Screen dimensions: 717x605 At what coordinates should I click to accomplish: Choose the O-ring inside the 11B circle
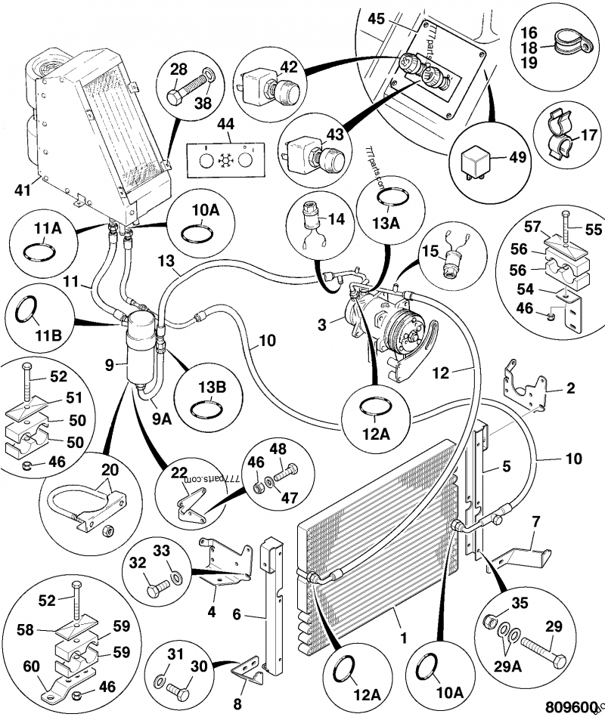(x=27, y=309)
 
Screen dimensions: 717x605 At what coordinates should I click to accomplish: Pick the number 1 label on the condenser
(x=403, y=636)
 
